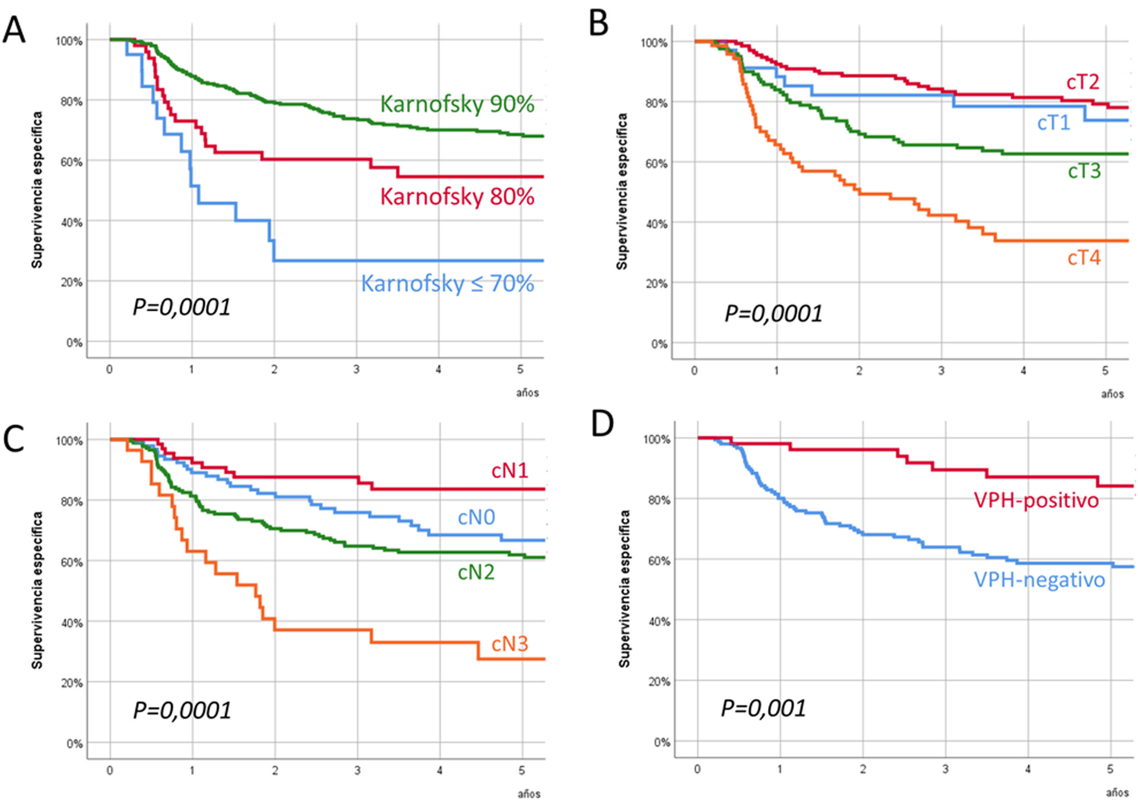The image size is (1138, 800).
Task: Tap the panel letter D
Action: click(x=602, y=424)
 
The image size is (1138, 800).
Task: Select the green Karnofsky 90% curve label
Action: click(x=457, y=104)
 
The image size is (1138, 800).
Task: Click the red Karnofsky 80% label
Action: click(x=457, y=197)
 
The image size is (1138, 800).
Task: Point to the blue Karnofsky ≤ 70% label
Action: click(x=447, y=284)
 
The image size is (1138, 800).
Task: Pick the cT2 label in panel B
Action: click(x=1083, y=82)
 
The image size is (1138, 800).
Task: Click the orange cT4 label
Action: click(x=1084, y=258)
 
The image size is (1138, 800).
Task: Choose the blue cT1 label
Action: click(x=1054, y=123)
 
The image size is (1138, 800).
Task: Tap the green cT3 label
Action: click(x=1084, y=171)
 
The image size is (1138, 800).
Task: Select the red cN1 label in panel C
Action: click(x=510, y=471)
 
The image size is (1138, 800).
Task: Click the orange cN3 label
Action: click(x=510, y=644)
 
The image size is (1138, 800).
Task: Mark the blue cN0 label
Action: click(x=476, y=517)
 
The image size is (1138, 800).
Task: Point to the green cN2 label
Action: click(x=476, y=573)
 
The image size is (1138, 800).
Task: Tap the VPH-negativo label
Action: click(x=1040, y=579)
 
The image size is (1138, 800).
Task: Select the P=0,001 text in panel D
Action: click(x=763, y=708)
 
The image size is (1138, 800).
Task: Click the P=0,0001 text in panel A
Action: click(x=182, y=307)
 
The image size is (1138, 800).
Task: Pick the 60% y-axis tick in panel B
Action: click(x=656, y=163)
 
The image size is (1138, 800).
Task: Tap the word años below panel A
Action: click(x=527, y=393)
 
